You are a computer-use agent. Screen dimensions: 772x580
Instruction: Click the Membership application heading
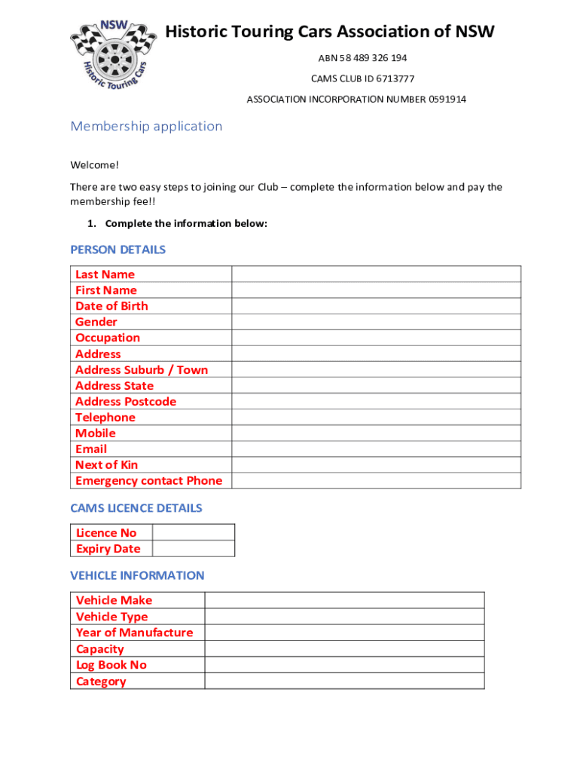coord(146,126)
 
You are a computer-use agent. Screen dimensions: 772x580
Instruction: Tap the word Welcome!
coord(95,165)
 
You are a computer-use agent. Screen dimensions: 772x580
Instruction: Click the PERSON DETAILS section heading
coord(118,250)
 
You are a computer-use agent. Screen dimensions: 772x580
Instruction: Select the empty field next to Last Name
coord(376,274)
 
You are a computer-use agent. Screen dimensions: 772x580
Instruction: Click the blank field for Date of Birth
coord(376,305)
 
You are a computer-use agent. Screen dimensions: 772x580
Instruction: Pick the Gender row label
coord(96,322)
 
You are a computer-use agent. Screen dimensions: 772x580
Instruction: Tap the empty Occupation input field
coord(376,338)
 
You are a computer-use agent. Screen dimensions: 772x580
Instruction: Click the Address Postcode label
coord(126,401)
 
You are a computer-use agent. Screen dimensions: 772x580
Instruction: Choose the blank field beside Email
coord(376,449)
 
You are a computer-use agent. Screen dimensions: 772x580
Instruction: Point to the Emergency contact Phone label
coord(149,480)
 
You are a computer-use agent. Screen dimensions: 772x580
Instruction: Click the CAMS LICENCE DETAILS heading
coord(136,508)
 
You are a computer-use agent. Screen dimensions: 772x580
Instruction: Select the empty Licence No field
coord(193,532)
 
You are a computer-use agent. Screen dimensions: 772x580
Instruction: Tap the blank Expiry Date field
coord(193,548)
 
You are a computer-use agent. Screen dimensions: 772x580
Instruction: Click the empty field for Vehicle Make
coord(344,600)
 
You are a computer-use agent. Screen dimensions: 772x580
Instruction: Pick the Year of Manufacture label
coord(134,633)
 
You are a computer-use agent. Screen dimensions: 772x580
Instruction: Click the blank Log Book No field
coord(344,665)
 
